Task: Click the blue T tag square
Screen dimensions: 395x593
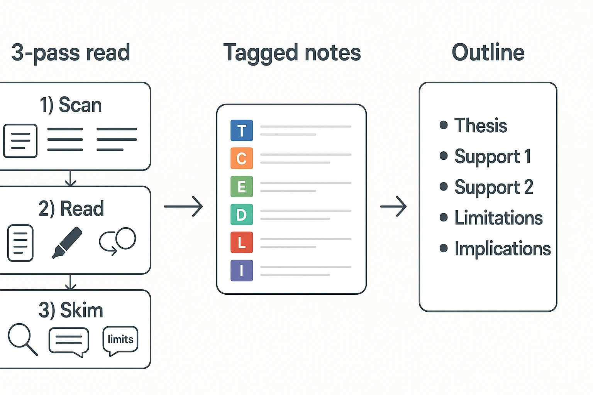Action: pos(242,130)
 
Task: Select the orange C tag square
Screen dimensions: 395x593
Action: pos(242,158)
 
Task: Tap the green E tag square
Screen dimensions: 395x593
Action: pos(242,186)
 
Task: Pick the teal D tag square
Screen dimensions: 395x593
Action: pos(242,214)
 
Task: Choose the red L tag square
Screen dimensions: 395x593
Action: pos(242,242)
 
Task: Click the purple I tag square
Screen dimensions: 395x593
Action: pos(242,270)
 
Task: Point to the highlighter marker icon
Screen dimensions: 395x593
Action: pos(67,242)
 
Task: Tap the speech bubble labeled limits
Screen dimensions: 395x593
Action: pos(120,340)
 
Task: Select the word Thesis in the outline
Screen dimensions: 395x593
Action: pos(480,125)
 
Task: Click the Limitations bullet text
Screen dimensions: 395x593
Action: pos(498,218)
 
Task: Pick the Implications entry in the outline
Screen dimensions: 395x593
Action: pos(502,249)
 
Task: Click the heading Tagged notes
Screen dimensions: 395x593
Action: pos(292,53)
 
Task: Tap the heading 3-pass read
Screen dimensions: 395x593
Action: pos(71,53)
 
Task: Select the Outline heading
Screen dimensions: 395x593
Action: pos(488,53)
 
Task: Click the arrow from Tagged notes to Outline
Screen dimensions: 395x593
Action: pos(393,206)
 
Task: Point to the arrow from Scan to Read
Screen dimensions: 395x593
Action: pos(70,178)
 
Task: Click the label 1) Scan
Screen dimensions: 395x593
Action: pos(71,105)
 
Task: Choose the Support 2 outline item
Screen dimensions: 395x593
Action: pos(493,187)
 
